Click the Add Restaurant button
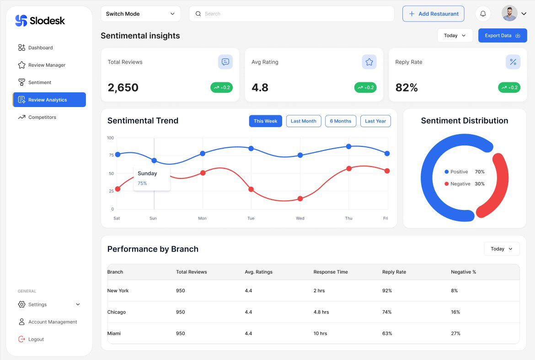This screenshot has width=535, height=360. (433, 14)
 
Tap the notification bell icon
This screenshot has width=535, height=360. (483, 14)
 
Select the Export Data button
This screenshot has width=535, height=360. (502, 36)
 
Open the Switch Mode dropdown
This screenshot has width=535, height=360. (140, 14)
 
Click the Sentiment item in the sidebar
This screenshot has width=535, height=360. (40, 82)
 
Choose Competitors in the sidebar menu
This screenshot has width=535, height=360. (42, 117)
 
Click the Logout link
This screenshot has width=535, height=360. (36, 339)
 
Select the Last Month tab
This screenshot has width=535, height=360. (303, 121)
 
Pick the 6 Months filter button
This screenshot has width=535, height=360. (340, 121)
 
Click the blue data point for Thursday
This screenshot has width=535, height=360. (348, 146)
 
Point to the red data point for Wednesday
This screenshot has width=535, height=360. (300, 199)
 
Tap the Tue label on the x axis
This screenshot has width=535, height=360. (251, 218)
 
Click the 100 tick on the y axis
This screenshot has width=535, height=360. (110, 138)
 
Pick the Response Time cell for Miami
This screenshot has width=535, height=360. (320, 333)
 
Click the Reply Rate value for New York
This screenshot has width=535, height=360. (387, 290)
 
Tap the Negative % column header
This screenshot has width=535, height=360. (463, 272)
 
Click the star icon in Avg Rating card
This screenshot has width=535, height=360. (369, 62)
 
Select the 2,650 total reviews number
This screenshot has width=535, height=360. (123, 88)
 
